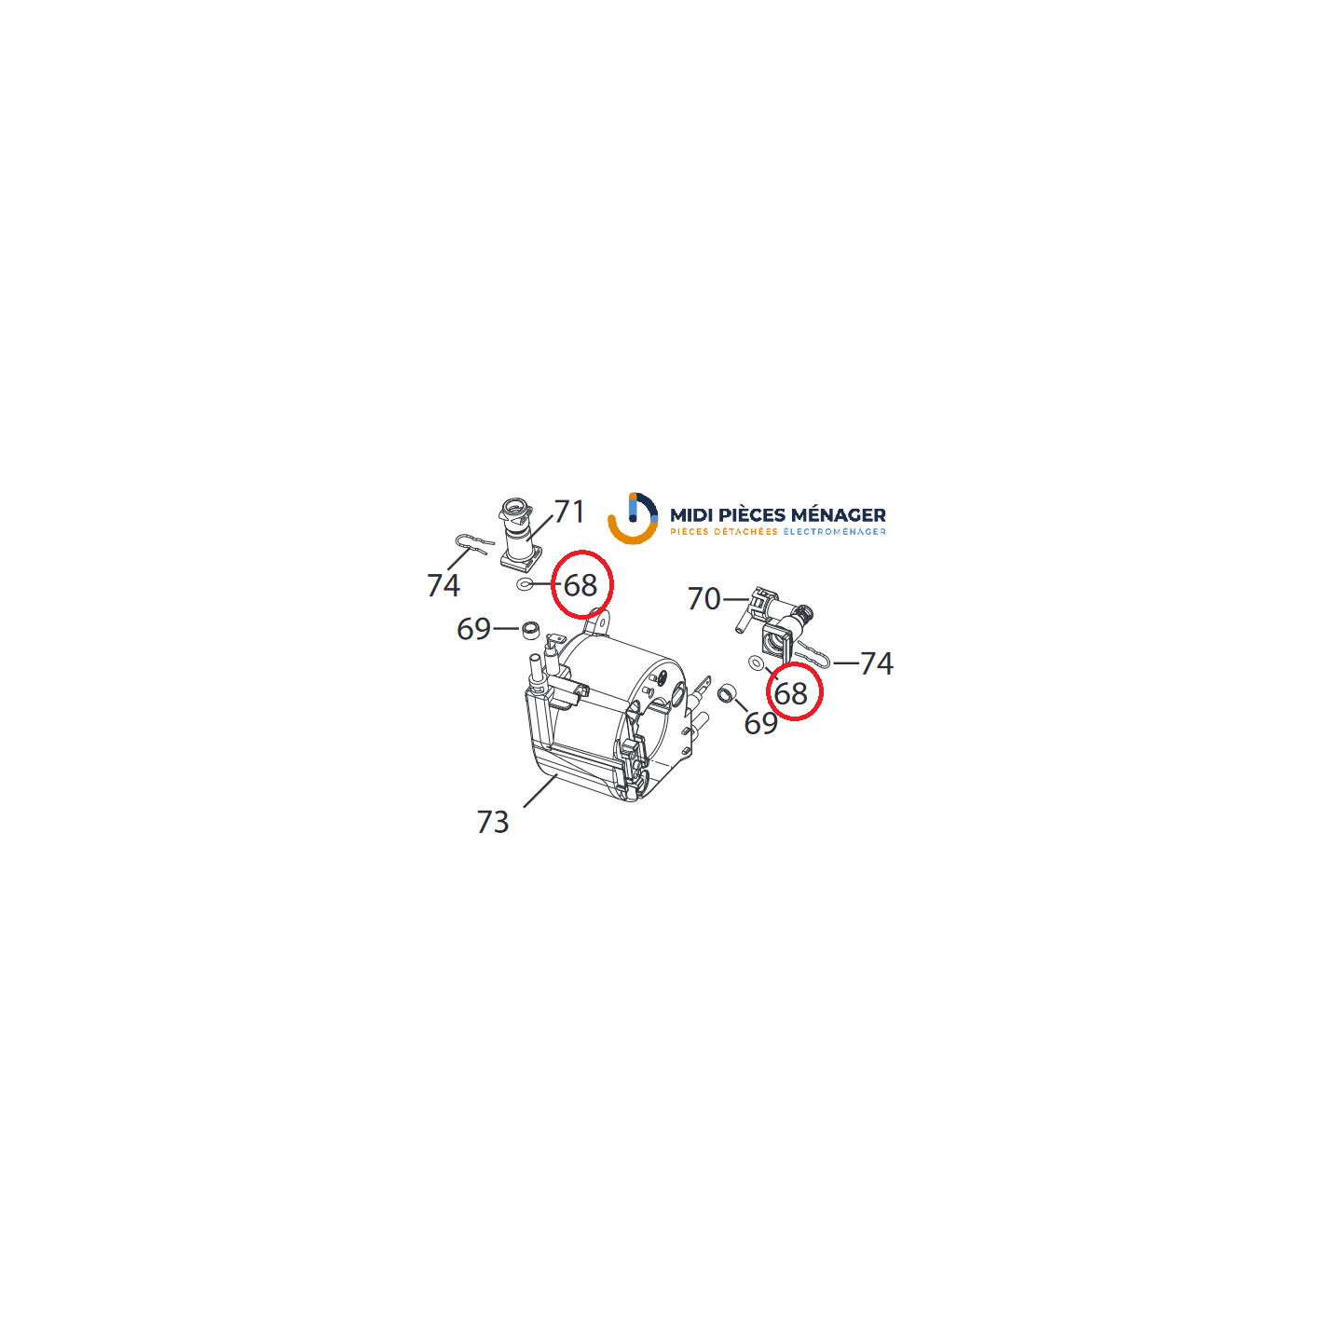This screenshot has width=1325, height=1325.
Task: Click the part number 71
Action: [568, 512]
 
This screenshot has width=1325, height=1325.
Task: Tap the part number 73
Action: [492, 822]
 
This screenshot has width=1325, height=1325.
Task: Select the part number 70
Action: [703, 599]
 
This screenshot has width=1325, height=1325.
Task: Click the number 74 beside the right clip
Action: [877, 663]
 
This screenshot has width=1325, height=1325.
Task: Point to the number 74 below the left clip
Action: [443, 586]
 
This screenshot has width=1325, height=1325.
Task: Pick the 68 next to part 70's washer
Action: [791, 694]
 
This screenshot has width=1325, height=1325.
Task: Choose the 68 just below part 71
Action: [581, 586]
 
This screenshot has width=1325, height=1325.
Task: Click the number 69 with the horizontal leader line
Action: [473, 629]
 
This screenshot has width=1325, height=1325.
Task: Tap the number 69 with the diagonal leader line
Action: [760, 723]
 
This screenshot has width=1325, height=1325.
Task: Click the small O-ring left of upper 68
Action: [524, 584]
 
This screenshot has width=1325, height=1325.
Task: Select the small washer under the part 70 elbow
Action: [756, 662]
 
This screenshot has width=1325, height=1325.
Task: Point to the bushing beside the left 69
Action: [530, 629]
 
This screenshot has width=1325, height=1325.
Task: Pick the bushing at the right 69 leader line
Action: [726, 694]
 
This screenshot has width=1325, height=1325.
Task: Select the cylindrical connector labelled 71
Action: [519, 533]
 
